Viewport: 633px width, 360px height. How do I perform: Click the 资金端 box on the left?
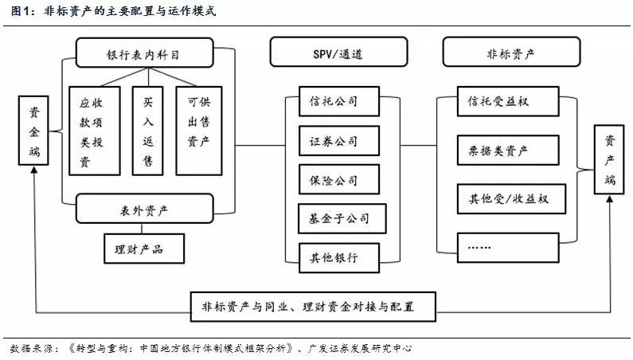pos(34,131)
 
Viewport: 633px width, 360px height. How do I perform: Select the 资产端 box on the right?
pos(609,159)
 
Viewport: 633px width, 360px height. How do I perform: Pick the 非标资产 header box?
pos(510,53)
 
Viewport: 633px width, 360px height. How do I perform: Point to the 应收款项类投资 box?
pos(94,131)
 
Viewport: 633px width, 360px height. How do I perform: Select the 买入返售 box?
pos(147,131)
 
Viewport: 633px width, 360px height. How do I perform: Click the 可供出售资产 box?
pos(199,131)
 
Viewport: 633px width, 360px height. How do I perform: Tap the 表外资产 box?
pos(144,210)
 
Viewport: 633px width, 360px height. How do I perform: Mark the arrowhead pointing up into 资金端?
pos(34,170)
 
